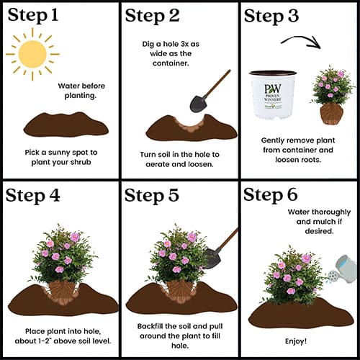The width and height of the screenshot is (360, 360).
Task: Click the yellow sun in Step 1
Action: click(x=32, y=54)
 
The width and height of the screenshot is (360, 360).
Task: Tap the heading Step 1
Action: click(x=33, y=16)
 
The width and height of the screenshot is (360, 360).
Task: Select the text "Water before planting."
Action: click(x=81, y=91)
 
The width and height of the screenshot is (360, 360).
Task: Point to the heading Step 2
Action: click(x=153, y=16)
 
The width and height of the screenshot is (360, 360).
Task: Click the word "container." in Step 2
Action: click(x=171, y=63)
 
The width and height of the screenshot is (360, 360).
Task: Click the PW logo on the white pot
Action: click(x=273, y=89)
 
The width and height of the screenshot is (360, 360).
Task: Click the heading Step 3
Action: click(x=271, y=16)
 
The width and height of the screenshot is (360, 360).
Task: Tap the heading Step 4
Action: click(x=32, y=196)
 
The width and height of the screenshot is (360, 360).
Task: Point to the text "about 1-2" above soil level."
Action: click(x=63, y=341)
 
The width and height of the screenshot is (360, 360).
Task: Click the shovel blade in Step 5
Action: click(x=212, y=258)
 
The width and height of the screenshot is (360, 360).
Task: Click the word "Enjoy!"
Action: click(x=296, y=341)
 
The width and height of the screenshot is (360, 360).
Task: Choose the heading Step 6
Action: click(x=271, y=194)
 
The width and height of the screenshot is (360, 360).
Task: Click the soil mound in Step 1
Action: click(x=66, y=125)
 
